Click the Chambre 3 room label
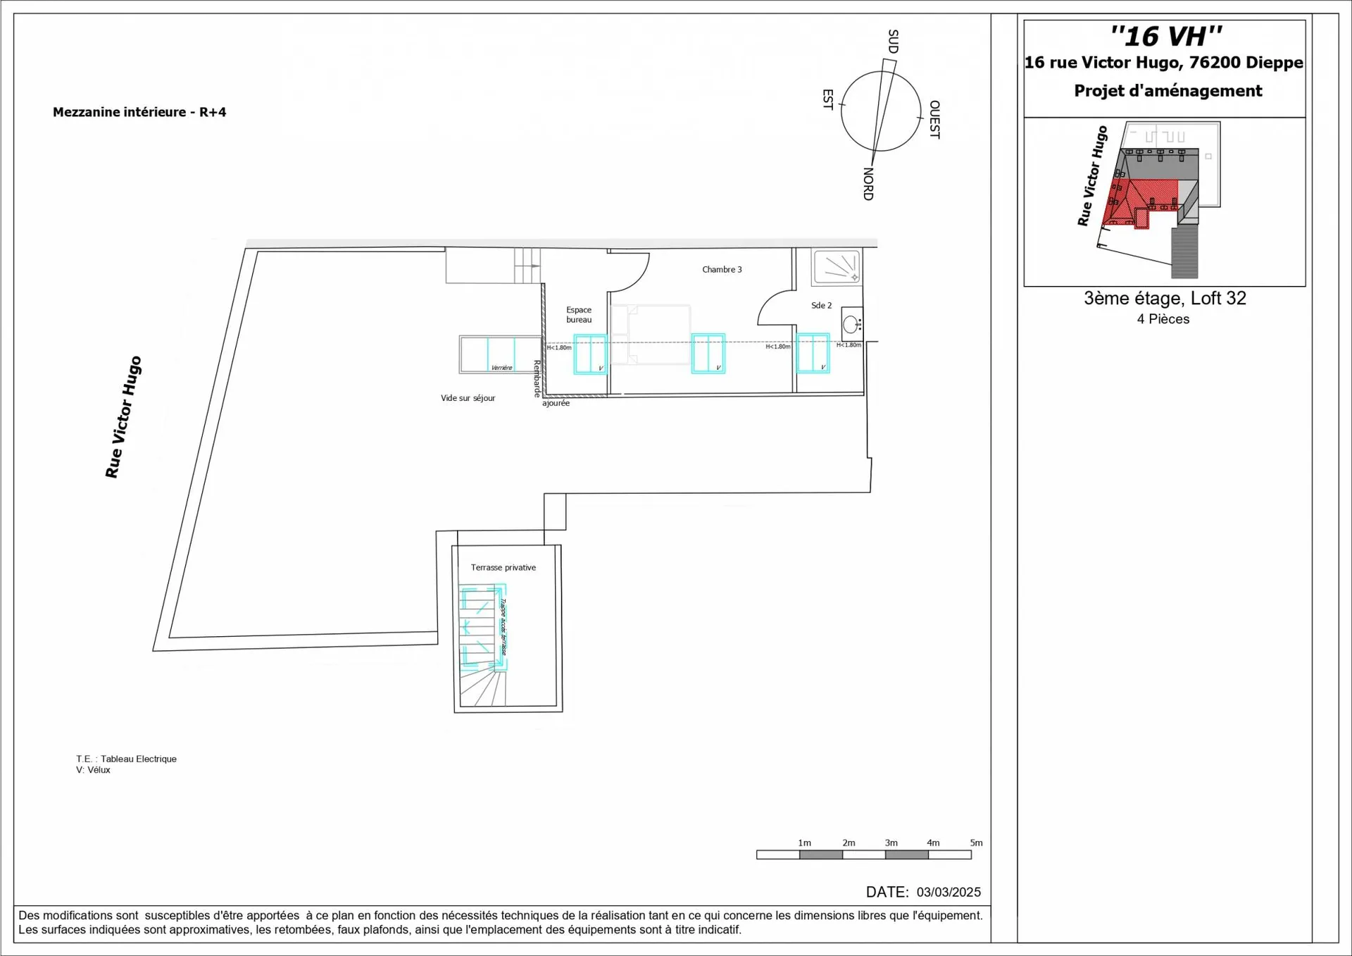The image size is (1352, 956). coord(722,270)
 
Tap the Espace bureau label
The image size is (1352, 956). coord(579,315)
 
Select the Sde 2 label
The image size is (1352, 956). coord(821,306)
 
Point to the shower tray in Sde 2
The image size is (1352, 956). coord(837,267)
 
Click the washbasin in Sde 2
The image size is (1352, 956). coord(851,325)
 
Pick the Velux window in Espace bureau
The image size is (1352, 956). coord(590,354)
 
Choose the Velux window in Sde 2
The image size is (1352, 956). coord(813,353)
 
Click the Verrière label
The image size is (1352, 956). coord(501,368)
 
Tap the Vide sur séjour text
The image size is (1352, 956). coord(468,398)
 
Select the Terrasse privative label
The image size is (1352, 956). coord(503,568)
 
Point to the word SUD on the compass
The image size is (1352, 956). coord(893,42)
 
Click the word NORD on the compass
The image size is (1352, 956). coord(868,184)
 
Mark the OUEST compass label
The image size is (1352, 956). coord(934,119)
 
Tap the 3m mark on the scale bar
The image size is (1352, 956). coord(891,843)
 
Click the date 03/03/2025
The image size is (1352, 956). coord(949,893)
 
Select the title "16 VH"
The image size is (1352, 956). coord(1166,36)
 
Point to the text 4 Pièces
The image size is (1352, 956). coord(1163,319)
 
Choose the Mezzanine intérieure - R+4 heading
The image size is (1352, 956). coord(139,112)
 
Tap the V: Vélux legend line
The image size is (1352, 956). coord(94,770)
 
